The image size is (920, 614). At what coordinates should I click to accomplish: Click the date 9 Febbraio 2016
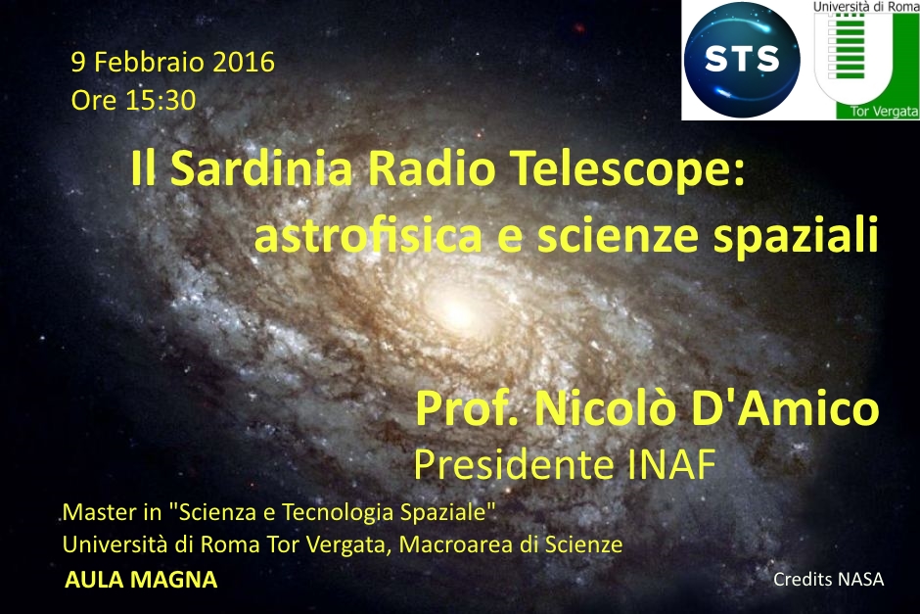tap(173, 63)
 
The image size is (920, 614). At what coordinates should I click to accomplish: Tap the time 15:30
tap(161, 101)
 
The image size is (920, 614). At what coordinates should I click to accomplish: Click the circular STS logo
tap(742, 60)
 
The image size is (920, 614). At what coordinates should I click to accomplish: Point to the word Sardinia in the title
tap(261, 169)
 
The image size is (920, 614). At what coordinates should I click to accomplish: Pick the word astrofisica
tap(368, 235)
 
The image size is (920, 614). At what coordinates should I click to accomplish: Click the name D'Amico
tap(785, 408)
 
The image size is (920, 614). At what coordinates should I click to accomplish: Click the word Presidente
tap(514, 465)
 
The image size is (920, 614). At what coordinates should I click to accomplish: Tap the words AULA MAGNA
tap(141, 580)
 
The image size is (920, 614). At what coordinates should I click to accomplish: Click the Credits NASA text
tap(828, 580)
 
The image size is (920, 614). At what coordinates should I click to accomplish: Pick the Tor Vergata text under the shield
tap(884, 111)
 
